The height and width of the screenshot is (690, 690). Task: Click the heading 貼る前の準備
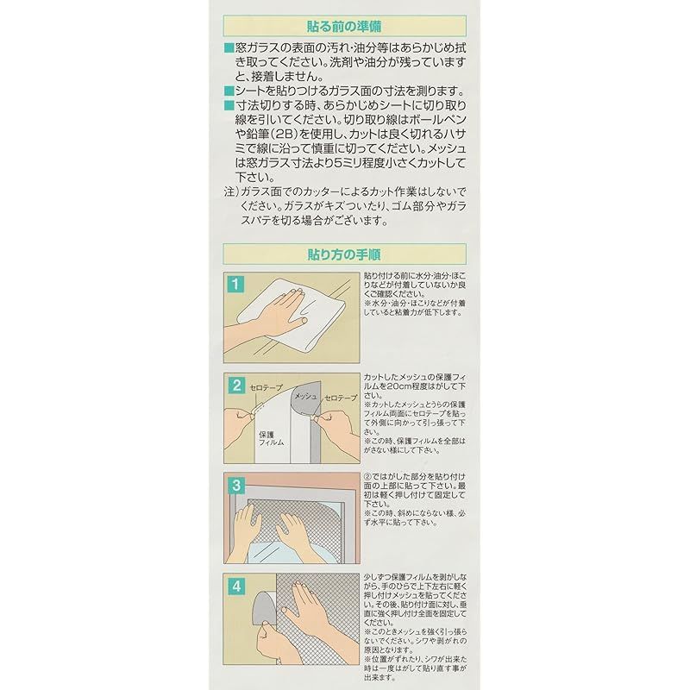click(x=345, y=25)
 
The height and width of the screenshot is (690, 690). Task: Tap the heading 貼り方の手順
click(x=345, y=254)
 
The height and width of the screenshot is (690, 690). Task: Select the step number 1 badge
click(x=235, y=283)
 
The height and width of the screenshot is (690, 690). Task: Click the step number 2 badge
click(x=235, y=386)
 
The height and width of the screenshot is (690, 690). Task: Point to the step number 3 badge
click(x=235, y=486)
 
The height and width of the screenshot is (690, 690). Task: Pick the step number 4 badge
click(x=235, y=584)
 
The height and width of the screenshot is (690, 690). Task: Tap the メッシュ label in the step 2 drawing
click(x=307, y=394)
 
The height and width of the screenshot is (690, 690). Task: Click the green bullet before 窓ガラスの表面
click(x=229, y=49)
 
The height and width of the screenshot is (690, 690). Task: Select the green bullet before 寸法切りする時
click(x=229, y=103)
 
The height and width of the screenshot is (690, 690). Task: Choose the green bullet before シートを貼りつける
click(x=229, y=91)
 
